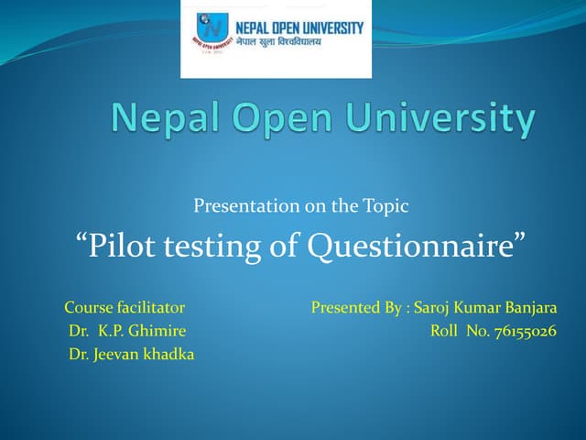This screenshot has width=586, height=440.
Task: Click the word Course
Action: pyautogui.click(x=88, y=307)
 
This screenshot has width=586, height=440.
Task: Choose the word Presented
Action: pyautogui.click(x=345, y=307)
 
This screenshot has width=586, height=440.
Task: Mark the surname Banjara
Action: pyautogui.click(x=530, y=307)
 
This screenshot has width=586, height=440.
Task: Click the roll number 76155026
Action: pyautogui.click(x=524, y=331)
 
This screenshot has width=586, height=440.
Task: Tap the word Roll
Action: pyautogui.click(x=446, y=331)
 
